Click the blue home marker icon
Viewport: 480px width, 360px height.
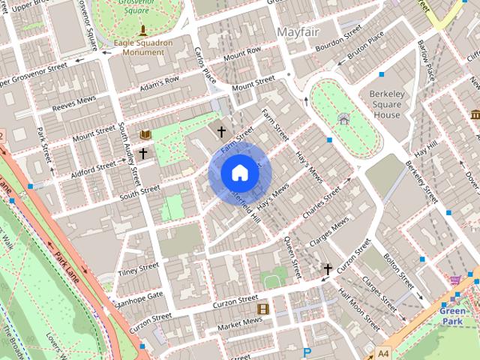click(238, 172)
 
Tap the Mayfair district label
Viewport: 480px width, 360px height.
click(299, 32)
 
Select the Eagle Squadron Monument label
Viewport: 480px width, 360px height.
click(143, 48)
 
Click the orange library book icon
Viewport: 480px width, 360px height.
click(145, 135)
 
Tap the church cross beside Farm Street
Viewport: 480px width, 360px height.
click(221, 131)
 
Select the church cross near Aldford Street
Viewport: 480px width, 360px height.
click(142, 151)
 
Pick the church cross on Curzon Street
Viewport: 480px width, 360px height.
click(327, 268)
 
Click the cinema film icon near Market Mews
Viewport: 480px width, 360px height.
click(262, 308)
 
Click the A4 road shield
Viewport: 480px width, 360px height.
click(383, 352)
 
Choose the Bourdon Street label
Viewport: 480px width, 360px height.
click(338, 37)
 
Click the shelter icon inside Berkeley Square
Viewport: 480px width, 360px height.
click(343, 118)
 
